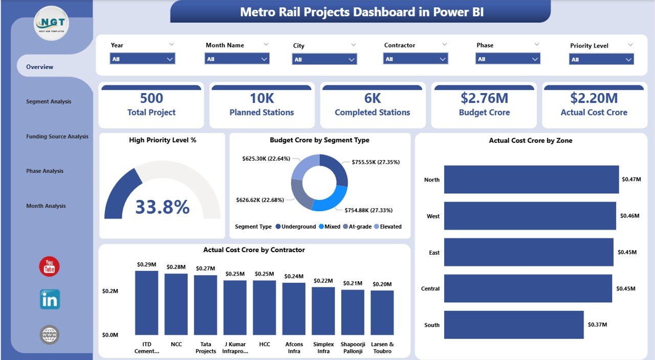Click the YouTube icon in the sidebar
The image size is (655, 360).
click(50, 267)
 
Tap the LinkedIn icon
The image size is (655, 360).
click(50, 300)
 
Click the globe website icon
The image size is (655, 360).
click(50, 335)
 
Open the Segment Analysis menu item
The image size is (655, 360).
click(49, 102)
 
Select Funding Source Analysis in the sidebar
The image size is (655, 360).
click(57, 137)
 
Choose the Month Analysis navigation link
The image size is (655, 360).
click(46, 206)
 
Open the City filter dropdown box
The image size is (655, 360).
click(324, 60)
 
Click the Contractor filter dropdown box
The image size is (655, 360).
click(416, 59)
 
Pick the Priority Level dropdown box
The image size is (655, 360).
click(601, 60)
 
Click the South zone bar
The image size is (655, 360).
click(514, 325)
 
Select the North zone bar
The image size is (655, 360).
click(531, 179)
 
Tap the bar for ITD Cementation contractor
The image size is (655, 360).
click(147, 303)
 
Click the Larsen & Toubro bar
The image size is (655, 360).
click(382, 312)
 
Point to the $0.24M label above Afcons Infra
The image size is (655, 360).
click(294, 276)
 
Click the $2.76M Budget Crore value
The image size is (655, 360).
click(484, 98)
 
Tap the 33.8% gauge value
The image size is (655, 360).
click(162, 207)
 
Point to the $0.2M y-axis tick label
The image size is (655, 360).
click(110, 291)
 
